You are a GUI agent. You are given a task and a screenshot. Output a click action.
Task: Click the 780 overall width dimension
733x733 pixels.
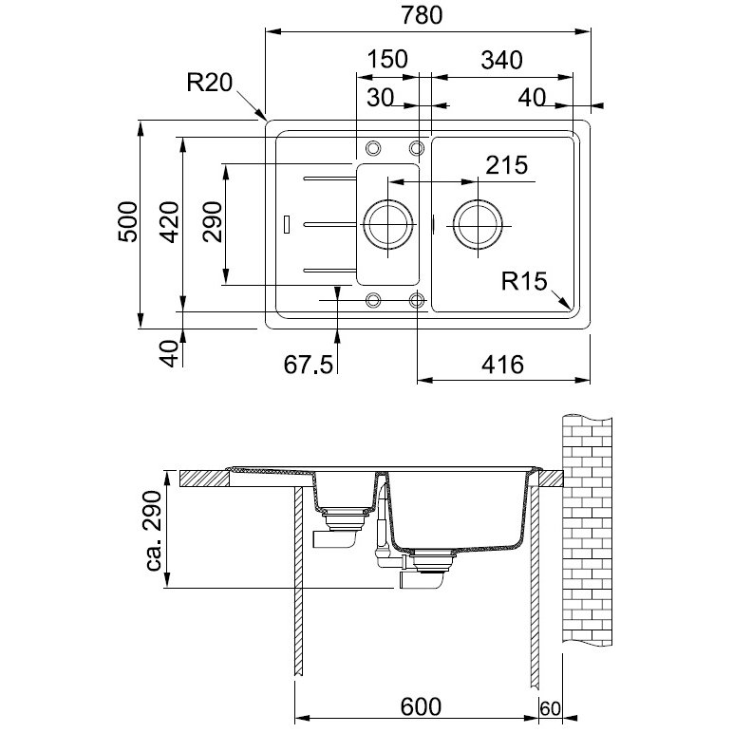point(422,15)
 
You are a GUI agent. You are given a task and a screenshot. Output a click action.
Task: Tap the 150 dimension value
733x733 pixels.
point(386,60)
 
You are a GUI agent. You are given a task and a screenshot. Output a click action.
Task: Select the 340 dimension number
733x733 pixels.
point(501,61)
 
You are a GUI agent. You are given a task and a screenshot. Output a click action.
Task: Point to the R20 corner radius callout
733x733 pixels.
point(210,83)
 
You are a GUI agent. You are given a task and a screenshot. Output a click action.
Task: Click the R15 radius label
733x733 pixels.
point(524,281)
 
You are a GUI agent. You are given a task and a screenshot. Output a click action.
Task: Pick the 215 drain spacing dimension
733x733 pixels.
point(507,165)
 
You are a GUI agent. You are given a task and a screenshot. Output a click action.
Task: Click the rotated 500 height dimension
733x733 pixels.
point(128,222)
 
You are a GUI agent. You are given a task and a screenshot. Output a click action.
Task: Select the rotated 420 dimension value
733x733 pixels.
point(170,222)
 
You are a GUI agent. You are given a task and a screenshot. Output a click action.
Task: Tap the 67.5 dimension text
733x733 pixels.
point(309,365)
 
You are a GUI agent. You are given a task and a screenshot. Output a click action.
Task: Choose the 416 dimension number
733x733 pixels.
point(503,365)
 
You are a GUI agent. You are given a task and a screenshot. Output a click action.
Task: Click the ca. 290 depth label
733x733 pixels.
point(154,531)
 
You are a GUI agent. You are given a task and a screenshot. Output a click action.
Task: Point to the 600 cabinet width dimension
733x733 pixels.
point(421,706)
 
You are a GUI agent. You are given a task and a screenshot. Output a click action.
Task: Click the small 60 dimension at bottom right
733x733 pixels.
point(550,708)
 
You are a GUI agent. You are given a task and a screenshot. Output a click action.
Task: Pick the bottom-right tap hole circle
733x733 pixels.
point(417,293)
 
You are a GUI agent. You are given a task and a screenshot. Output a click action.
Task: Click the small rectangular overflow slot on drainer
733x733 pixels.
point(287,224)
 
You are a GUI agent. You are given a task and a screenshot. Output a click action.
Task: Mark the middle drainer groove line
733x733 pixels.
point(330,225)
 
